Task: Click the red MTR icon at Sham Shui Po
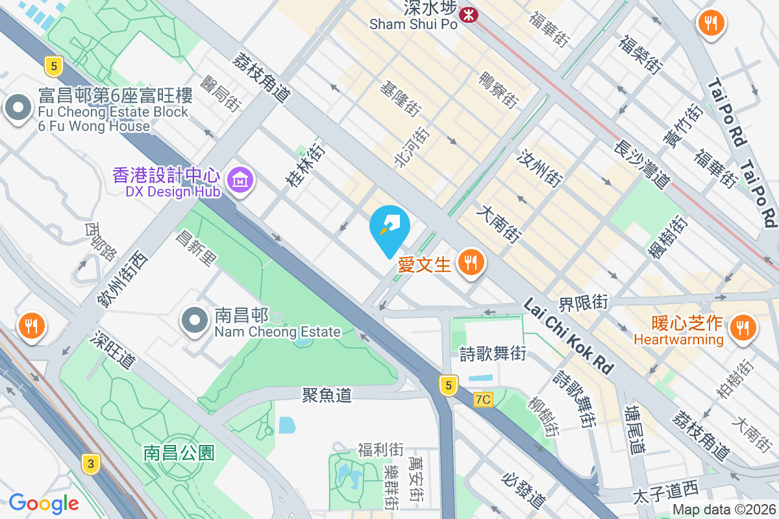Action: pyautogui.click(x=467, y=13)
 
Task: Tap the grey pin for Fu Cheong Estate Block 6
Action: pyautogui.click(x=18, y=108)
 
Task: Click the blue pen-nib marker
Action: pyautogui.click(x=389, y=228)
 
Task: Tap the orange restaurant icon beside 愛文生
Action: pyautogui.click(x=469, y=263)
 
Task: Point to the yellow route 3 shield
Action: pyautogui.click(x=91, y=463)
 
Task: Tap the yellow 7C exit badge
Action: pyautogui.click(x=483, y=400)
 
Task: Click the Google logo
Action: pyautogui.click(x=43, y=503)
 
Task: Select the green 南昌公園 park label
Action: pyautogui.click(x=179, y=452)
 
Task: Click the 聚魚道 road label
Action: pyautogui.click(x=327, y=394)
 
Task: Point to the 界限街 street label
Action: pyautogui.click(x=584, y=302)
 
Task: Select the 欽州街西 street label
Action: pyautogui.click(x=122, y=279)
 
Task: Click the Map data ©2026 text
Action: pyautogui.click(x=724, y=510)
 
